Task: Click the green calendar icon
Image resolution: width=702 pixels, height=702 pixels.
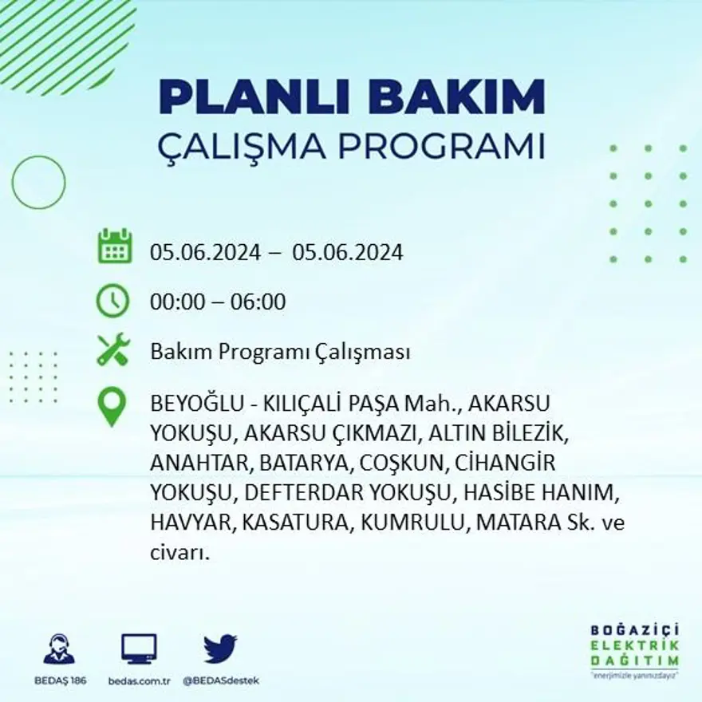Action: pyautogui.click(x=114, y=246)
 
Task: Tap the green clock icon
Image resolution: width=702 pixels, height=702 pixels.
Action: pyautogui.click(x=112, y=301)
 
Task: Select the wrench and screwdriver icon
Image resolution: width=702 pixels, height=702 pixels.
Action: pyautogui.click(x=112, y=349)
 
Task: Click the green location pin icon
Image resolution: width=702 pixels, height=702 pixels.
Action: pyautogui.click(x=112, y=406)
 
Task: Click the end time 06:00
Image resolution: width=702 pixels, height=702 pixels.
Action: pyautogui.click(x=258, y=302)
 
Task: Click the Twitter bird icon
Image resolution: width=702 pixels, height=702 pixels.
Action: pyautogui.click(x=220, y=649)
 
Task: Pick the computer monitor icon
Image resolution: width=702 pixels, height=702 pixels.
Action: pyautogui.click(x=139, y=649)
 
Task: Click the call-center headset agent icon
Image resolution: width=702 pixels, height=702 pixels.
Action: pyautogui.click(x=59, y=649)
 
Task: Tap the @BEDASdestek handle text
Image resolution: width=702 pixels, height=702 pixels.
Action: pyautogui.click(x=221, y=680)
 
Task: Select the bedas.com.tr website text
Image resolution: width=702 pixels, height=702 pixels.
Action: pyautogui.click(x=139, y=680)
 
